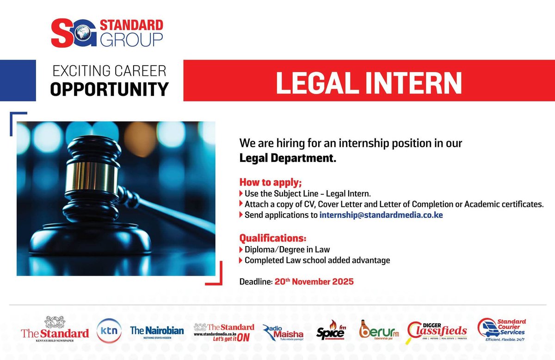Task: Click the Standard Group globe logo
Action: click(x=85, y=34)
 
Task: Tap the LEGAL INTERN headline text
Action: click(x=369, y=82)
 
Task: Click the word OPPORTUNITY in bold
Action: click(x=109, y=89)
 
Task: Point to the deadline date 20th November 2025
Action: click(x=314, y=281)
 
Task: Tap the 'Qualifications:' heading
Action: click(x=272, y=239)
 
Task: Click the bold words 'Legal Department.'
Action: click(x=287, y=158)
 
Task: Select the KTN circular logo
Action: click(x=109, y=331)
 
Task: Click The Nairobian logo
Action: click(x=157, y=332)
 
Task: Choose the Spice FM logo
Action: click(x=330, y=331)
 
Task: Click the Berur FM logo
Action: click(x=379, y=330)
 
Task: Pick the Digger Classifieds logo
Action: click(x=438, y=330)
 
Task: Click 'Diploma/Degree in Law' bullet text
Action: click(x=287, y=250)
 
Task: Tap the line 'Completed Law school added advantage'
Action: click(x=317, y=261)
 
